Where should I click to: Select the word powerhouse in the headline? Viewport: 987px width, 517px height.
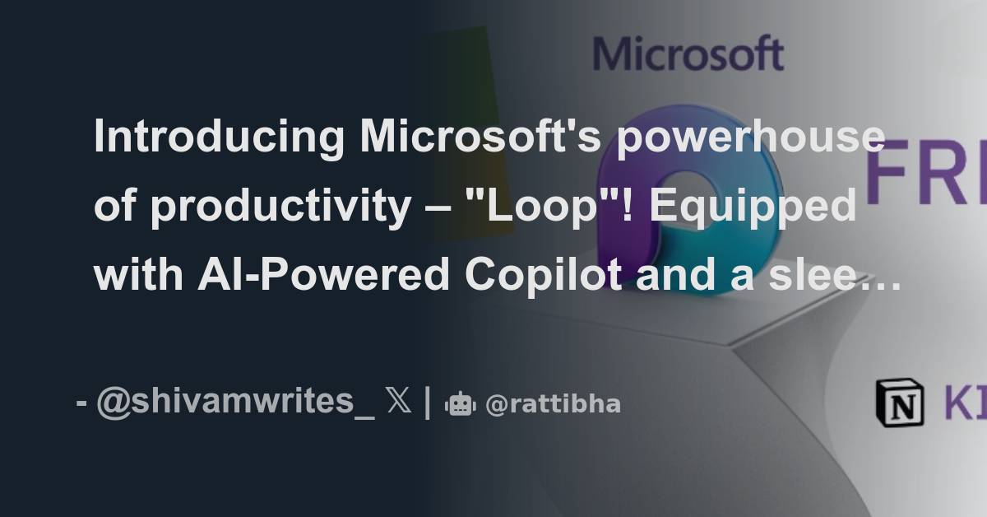coord(750,138)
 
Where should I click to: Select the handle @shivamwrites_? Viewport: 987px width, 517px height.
coord(235,403)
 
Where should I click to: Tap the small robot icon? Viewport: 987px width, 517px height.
coord(460,404)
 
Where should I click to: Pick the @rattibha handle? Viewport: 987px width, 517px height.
coord(553,404)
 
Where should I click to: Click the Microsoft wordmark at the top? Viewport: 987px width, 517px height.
coord(688,54)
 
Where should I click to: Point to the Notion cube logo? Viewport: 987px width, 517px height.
coord(899,403)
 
